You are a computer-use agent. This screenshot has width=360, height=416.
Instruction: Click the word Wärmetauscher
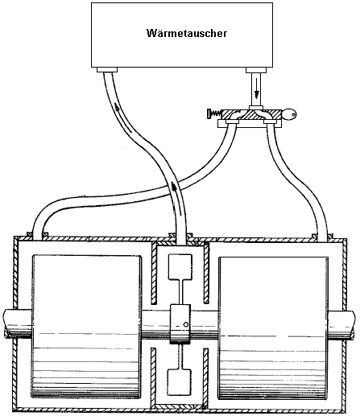point(187,33)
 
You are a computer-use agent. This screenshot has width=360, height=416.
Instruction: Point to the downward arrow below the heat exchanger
point(257,89)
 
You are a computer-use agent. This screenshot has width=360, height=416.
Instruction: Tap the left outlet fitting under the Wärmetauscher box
point(107,70)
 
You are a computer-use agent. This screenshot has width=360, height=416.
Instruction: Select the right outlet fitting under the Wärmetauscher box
point(256,70)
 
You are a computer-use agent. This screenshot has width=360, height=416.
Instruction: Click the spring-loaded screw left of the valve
point(214,114)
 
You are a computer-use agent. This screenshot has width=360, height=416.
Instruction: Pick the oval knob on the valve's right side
point(289,114)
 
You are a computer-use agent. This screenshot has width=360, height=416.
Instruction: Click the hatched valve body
point(251,114)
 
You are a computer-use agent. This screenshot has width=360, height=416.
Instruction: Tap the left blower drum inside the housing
point(87,327)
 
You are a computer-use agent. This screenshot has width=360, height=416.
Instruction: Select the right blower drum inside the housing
point(273,327)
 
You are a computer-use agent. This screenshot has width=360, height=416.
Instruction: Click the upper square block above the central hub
point(180,266)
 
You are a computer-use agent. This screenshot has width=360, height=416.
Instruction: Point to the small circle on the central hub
point(186,325)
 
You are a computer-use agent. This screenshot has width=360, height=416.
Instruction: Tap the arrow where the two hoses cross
point(175,187)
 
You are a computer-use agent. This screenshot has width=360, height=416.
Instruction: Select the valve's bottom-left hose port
point(232,122)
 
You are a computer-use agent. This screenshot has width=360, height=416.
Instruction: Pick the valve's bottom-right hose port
point(270,122)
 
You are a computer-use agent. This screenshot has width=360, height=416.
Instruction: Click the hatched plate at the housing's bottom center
point(180,406)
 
